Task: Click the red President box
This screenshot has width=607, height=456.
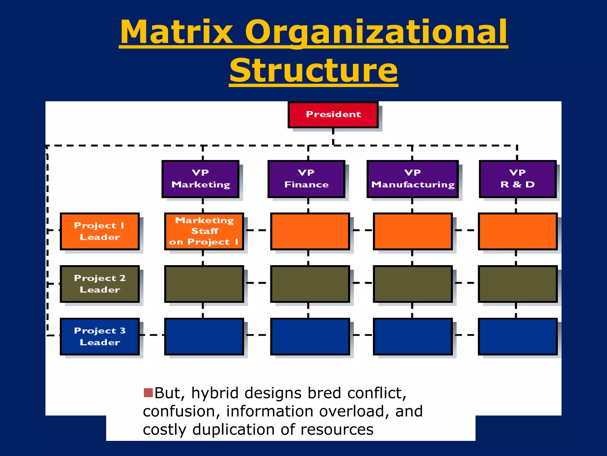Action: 333,115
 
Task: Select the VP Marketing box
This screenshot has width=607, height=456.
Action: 200,179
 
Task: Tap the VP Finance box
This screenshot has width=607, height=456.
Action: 306,179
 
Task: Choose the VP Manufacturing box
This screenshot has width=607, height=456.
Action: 412,179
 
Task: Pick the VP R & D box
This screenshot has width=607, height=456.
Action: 517,179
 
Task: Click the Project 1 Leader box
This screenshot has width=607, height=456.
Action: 100,231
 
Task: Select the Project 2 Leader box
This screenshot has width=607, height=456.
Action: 100,284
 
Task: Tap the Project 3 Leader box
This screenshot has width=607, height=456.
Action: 100,336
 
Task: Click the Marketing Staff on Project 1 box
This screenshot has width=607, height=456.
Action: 204,231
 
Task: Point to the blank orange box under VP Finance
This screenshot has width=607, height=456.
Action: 310,231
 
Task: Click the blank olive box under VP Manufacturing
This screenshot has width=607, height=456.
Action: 413,284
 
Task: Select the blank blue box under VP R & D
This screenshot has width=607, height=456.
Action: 517,336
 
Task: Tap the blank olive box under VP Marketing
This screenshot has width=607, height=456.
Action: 204,284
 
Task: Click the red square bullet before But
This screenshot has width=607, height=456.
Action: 148,392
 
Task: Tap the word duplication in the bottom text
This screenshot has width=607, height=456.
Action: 234,430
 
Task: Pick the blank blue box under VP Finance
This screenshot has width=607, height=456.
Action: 310,336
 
